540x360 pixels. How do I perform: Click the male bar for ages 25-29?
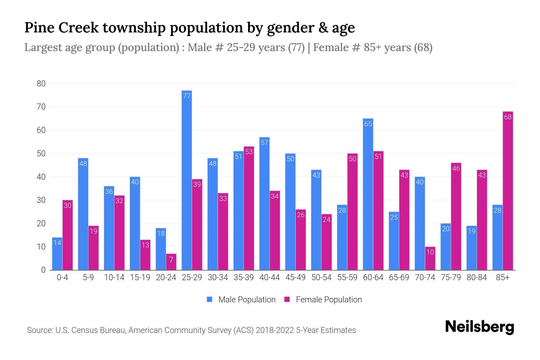pos(187,180)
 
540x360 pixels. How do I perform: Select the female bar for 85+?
pos(508,191)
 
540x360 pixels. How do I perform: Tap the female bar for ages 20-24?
pos(171,262)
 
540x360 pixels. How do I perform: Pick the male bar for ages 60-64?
pos(368,194)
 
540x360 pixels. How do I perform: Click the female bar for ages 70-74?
pos(430,258)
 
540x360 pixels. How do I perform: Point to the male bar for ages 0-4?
pos(57,254)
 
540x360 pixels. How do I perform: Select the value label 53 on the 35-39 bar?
pos(249,152)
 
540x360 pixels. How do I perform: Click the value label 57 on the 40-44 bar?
pos(264,143)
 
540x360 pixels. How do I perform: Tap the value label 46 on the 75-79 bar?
pos(456,169)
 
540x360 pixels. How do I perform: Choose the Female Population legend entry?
pos(323,300)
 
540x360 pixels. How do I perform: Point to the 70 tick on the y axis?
pos(41,107)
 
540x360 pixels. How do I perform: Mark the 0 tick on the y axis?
pos(43,270)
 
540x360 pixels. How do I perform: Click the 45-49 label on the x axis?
pos(295,277)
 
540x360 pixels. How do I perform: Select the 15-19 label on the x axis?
pos(140,277)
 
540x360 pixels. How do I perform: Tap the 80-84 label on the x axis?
pos(476,277)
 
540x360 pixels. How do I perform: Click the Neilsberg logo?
pos(479,327)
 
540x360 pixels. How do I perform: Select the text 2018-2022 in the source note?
pos(274,330)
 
